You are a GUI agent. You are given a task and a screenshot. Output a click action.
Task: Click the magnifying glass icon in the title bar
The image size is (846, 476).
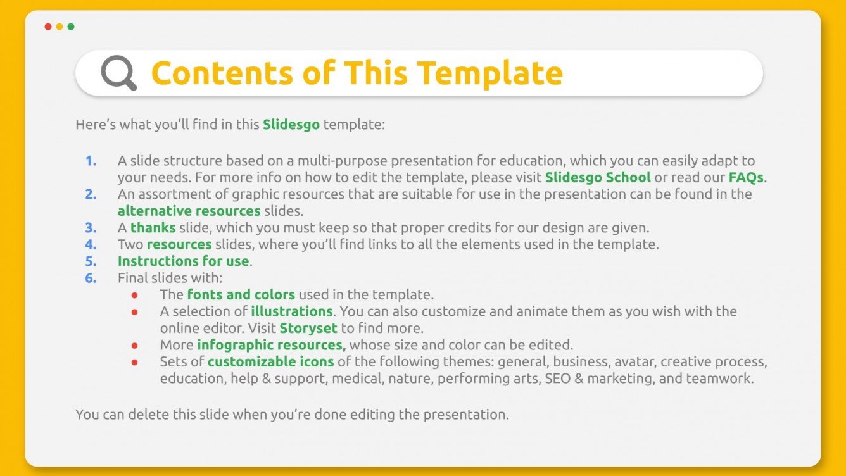point(118,73)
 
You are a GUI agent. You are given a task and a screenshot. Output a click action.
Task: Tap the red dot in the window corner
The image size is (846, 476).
point(48,27)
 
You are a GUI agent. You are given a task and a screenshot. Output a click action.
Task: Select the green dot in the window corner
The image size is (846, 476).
point(71,27)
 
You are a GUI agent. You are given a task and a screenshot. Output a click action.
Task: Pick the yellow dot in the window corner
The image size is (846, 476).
point(60,27)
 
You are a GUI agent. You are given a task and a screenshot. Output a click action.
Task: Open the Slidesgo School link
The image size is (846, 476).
point(598,177)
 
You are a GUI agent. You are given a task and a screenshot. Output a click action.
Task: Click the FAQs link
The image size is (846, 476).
point(746,177)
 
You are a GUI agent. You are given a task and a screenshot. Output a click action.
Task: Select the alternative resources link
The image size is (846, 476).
point(189,211)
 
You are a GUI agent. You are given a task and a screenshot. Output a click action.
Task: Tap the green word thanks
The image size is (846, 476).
point(153,227)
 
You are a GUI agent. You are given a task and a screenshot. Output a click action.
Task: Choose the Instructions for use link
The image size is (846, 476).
point(184,261)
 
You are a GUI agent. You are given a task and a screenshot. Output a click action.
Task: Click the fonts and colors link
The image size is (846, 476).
point(241,294)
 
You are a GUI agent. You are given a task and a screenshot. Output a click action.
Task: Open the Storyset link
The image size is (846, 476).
point(308,328)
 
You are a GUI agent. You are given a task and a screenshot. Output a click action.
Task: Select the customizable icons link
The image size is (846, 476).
point(270,362)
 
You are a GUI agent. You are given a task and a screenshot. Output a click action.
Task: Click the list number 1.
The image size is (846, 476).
point(91,161)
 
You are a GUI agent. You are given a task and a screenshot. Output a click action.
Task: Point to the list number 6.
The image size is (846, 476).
point(91,277)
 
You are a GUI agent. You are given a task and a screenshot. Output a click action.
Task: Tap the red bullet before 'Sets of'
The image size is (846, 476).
point(134,363)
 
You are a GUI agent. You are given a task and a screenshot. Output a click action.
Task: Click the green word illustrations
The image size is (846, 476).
point(291,311)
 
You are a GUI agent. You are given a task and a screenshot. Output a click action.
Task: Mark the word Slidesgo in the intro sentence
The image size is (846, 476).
point(291,125)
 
